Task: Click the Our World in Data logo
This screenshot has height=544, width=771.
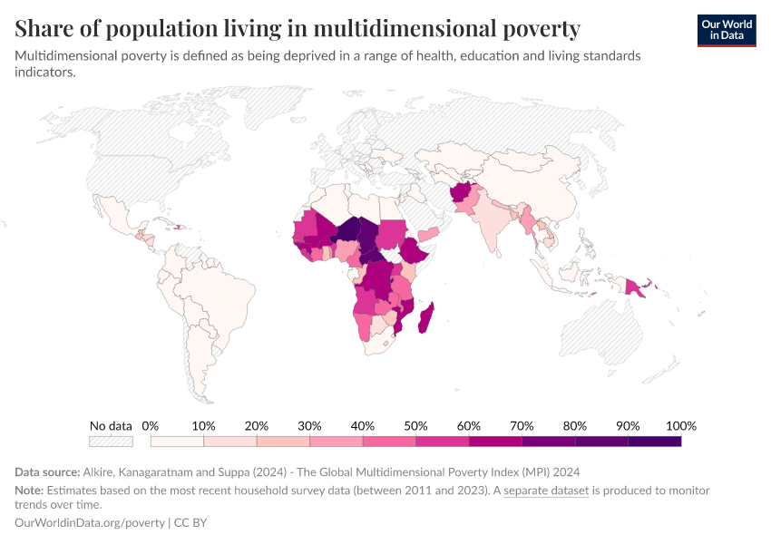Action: point(726,30)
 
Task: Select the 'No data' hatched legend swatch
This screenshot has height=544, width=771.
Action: point(111,442)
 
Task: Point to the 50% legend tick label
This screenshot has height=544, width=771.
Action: point(415,426)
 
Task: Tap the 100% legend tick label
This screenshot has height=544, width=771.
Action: point(680,426)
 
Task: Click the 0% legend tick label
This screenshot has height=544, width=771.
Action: point(151,426)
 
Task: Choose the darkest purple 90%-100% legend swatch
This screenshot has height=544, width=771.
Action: point(654,442)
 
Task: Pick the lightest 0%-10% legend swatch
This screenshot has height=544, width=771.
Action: point(177,442)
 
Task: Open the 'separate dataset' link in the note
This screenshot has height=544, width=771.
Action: point(546,491)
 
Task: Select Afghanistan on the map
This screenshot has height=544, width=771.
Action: point(462,194)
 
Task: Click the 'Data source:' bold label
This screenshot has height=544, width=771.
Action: point(47,472)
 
